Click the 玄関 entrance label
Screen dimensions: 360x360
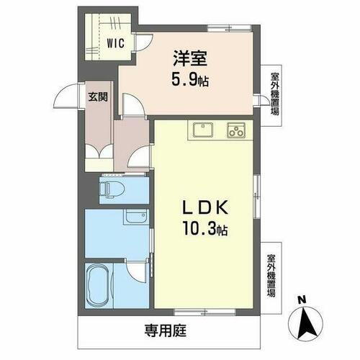(98, 96)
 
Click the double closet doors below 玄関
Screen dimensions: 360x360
(98, 155)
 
